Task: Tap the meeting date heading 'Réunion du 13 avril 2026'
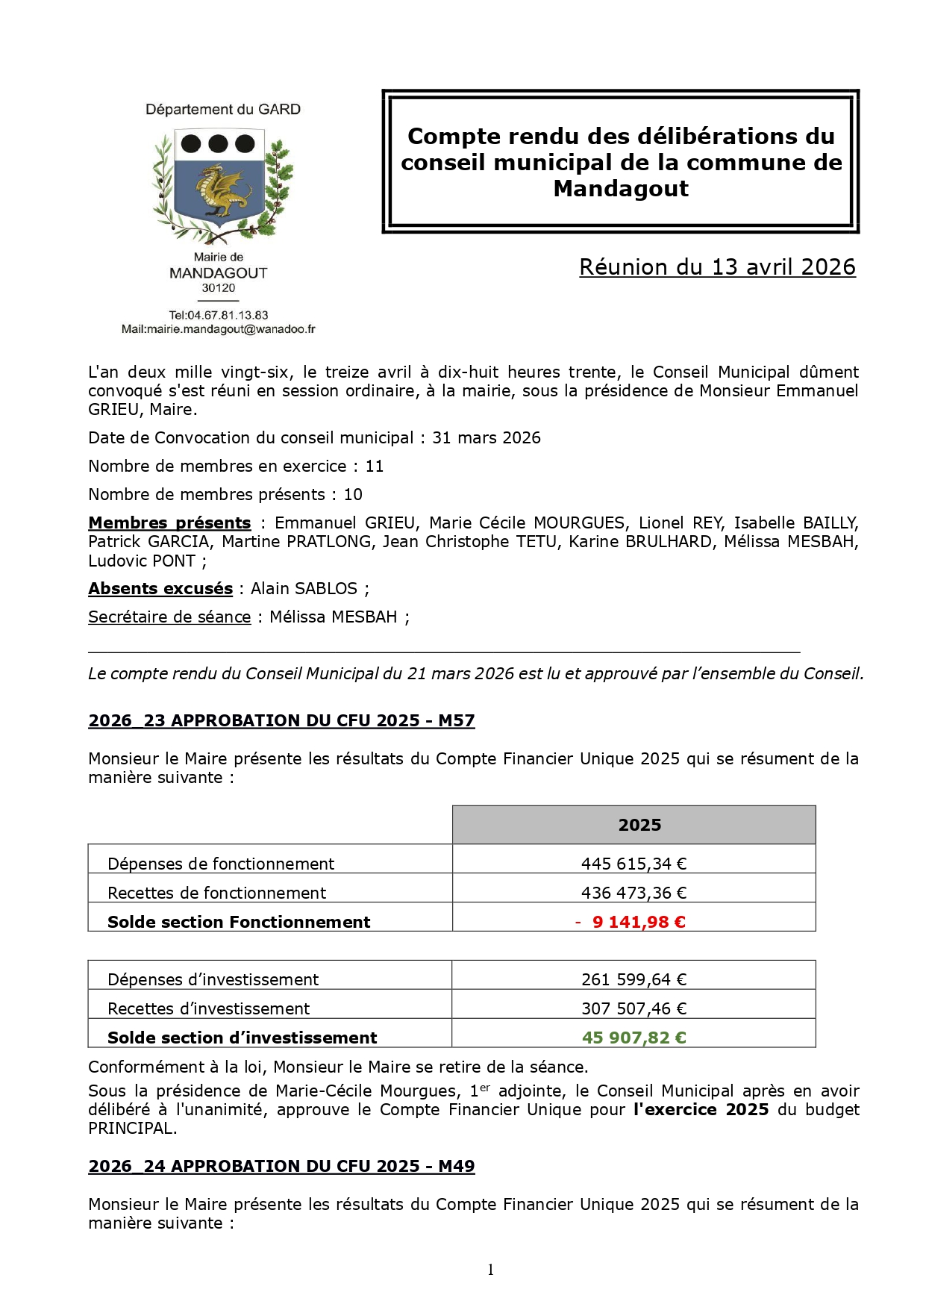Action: tap(717, 267)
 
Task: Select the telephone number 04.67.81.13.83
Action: tap(228, 315)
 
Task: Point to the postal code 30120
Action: tap(219, 288)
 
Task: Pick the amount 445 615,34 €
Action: tap(634, 864)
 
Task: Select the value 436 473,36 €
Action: tap(634, 893)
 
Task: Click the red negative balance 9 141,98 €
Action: tap(638, 922)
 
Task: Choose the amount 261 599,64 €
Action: tap(634, 979)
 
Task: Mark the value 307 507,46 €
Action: tap(634, 1008)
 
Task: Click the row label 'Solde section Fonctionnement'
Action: tap(239, 922)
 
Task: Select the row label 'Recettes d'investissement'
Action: tap(208, 1008)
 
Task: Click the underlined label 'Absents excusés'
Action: tap(160, 589)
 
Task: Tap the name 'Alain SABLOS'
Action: tap(304, 589)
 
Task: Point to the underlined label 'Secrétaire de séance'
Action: tap(169, 617)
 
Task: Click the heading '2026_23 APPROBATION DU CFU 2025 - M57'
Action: tap(281, 721)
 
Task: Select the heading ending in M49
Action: tap(281, 1167)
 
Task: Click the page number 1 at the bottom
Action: tap(490, 1270)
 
